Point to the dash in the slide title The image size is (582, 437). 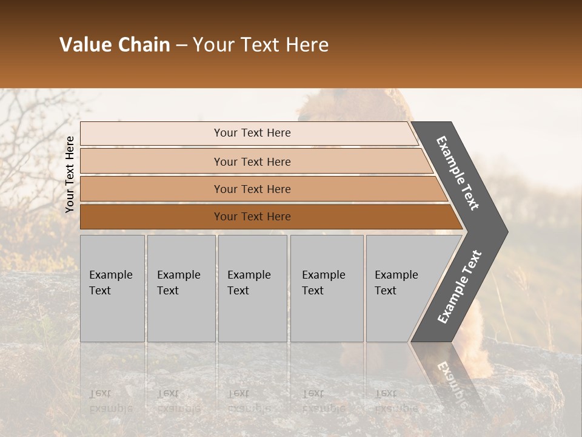coord(181,46)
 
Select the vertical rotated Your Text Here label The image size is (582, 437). coord(70,175)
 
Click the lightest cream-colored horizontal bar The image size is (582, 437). coord(252,133)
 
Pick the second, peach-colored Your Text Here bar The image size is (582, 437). coord(252,161)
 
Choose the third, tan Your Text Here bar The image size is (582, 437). coord(252,189)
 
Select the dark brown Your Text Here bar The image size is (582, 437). coord(252,217)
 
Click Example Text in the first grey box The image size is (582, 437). coord(110,283)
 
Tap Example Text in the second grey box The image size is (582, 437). coord(178,283)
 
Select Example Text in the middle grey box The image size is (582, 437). coord(249,283)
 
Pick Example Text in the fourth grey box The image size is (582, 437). coord(323,283)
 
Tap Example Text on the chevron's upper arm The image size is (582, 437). coord(458,173)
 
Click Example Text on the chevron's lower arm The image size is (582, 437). coord(460,287)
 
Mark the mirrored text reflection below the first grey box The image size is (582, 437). coord(110,401)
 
